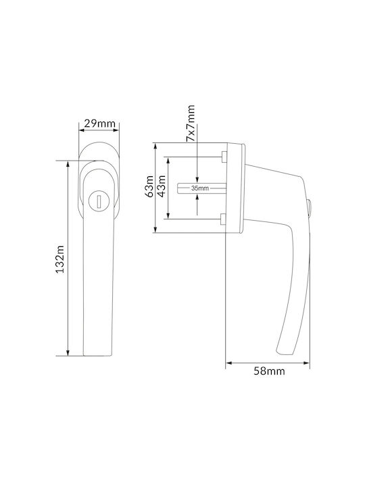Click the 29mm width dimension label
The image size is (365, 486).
click(99, 124)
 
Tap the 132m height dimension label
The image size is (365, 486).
click(59, 259)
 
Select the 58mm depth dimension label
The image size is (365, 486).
click(269, 371)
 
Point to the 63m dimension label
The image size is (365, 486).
click(149, 186)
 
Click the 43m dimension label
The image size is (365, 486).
click(162, 186)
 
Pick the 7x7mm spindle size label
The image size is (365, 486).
click(191, 123)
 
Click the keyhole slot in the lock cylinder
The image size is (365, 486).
click(99, 201)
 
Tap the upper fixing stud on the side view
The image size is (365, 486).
click(224, 157)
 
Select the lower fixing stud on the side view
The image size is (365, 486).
click(224, 219)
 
